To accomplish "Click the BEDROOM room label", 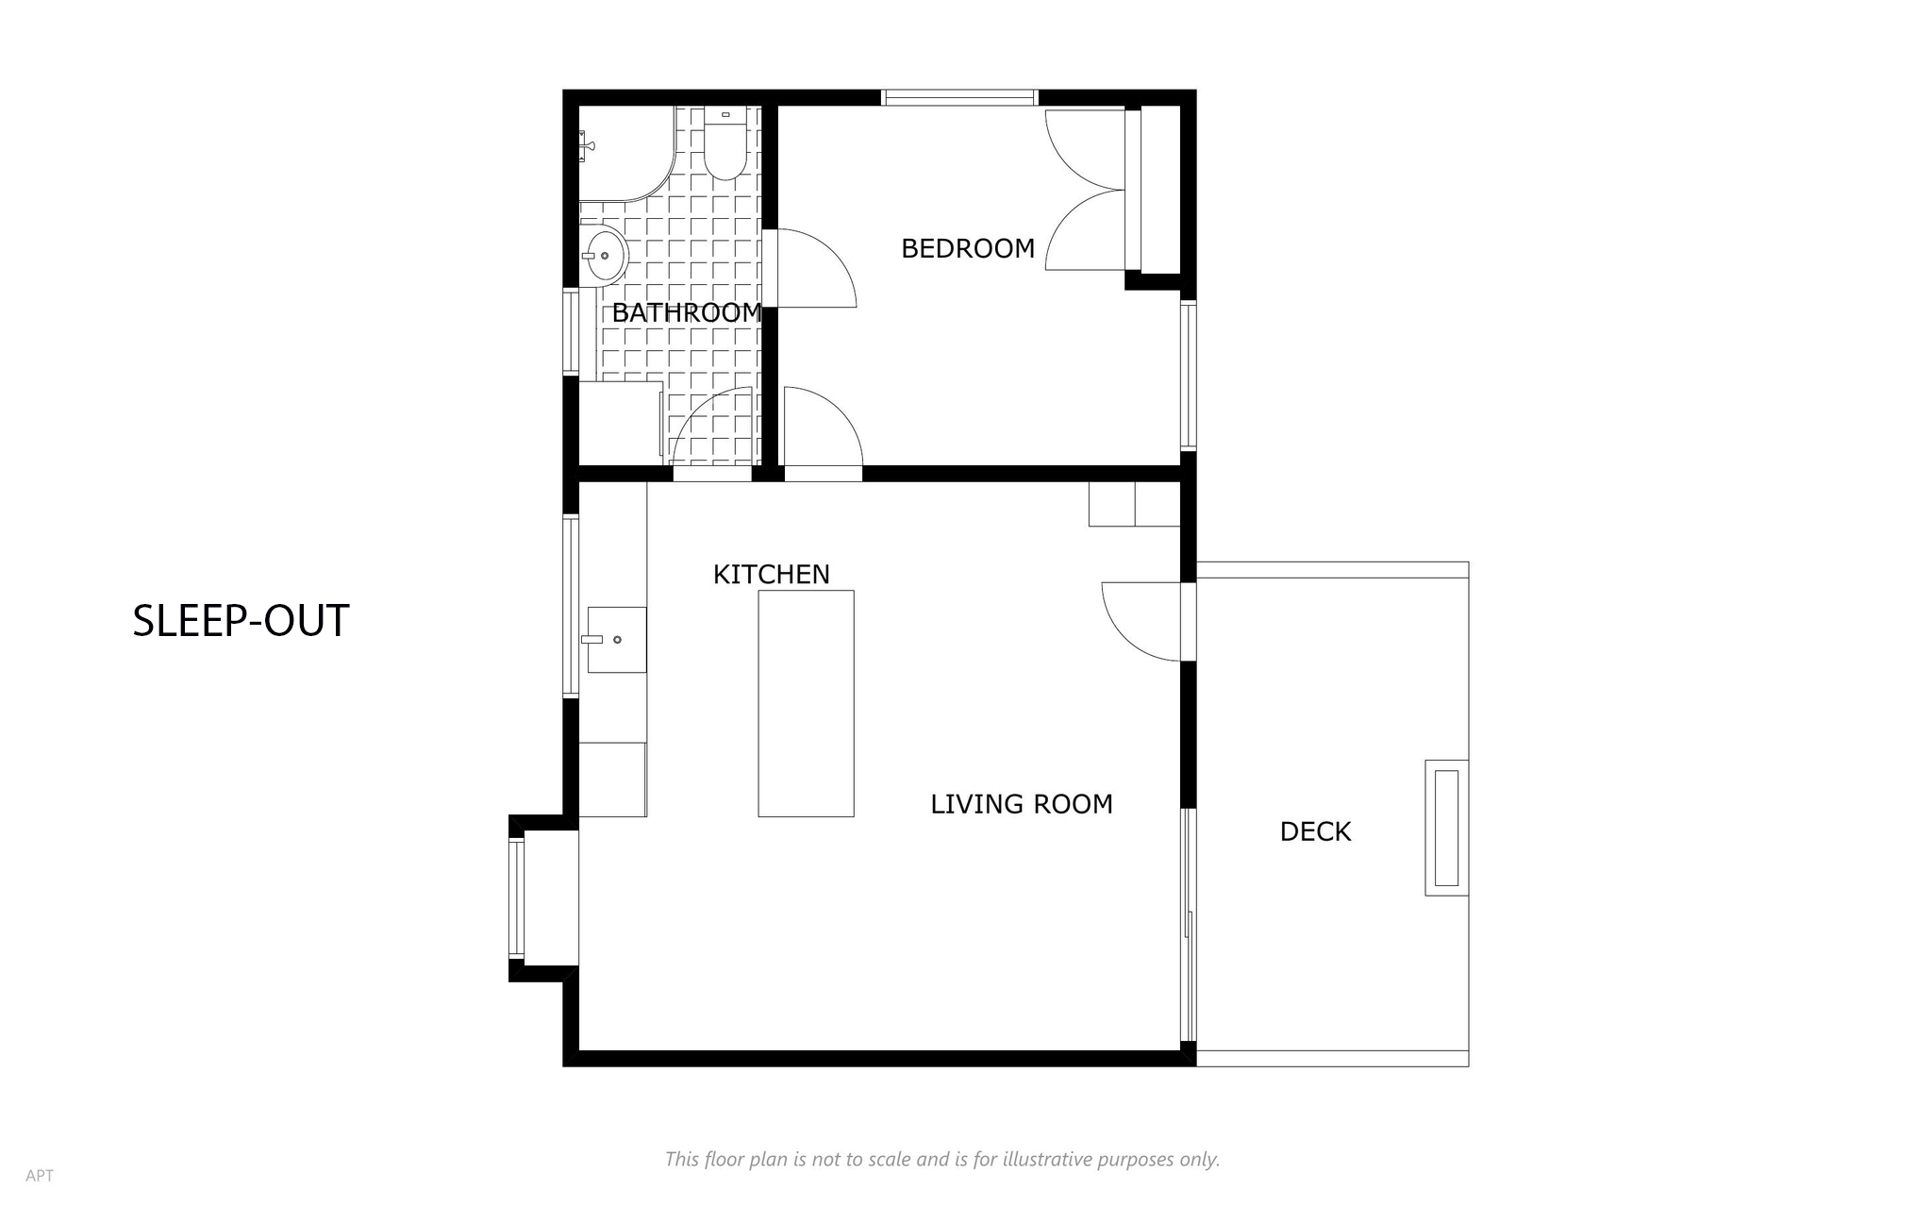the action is point(968,248).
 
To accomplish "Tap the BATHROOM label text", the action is point(687,312).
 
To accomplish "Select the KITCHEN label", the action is point(771,574).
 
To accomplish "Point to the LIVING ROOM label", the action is point(1022,804).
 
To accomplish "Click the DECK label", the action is point(1315,831).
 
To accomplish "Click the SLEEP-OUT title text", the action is point(241,621).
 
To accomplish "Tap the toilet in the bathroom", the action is point(724,143).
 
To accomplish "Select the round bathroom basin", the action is point(604,255).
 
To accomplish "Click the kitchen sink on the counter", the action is point(617,640).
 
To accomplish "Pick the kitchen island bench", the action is point(807,703).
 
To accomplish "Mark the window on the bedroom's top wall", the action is point(959,97).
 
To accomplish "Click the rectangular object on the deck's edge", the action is point(1446,828).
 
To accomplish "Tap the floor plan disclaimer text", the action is point(942,1159).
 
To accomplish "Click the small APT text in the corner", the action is point(40,1176).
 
